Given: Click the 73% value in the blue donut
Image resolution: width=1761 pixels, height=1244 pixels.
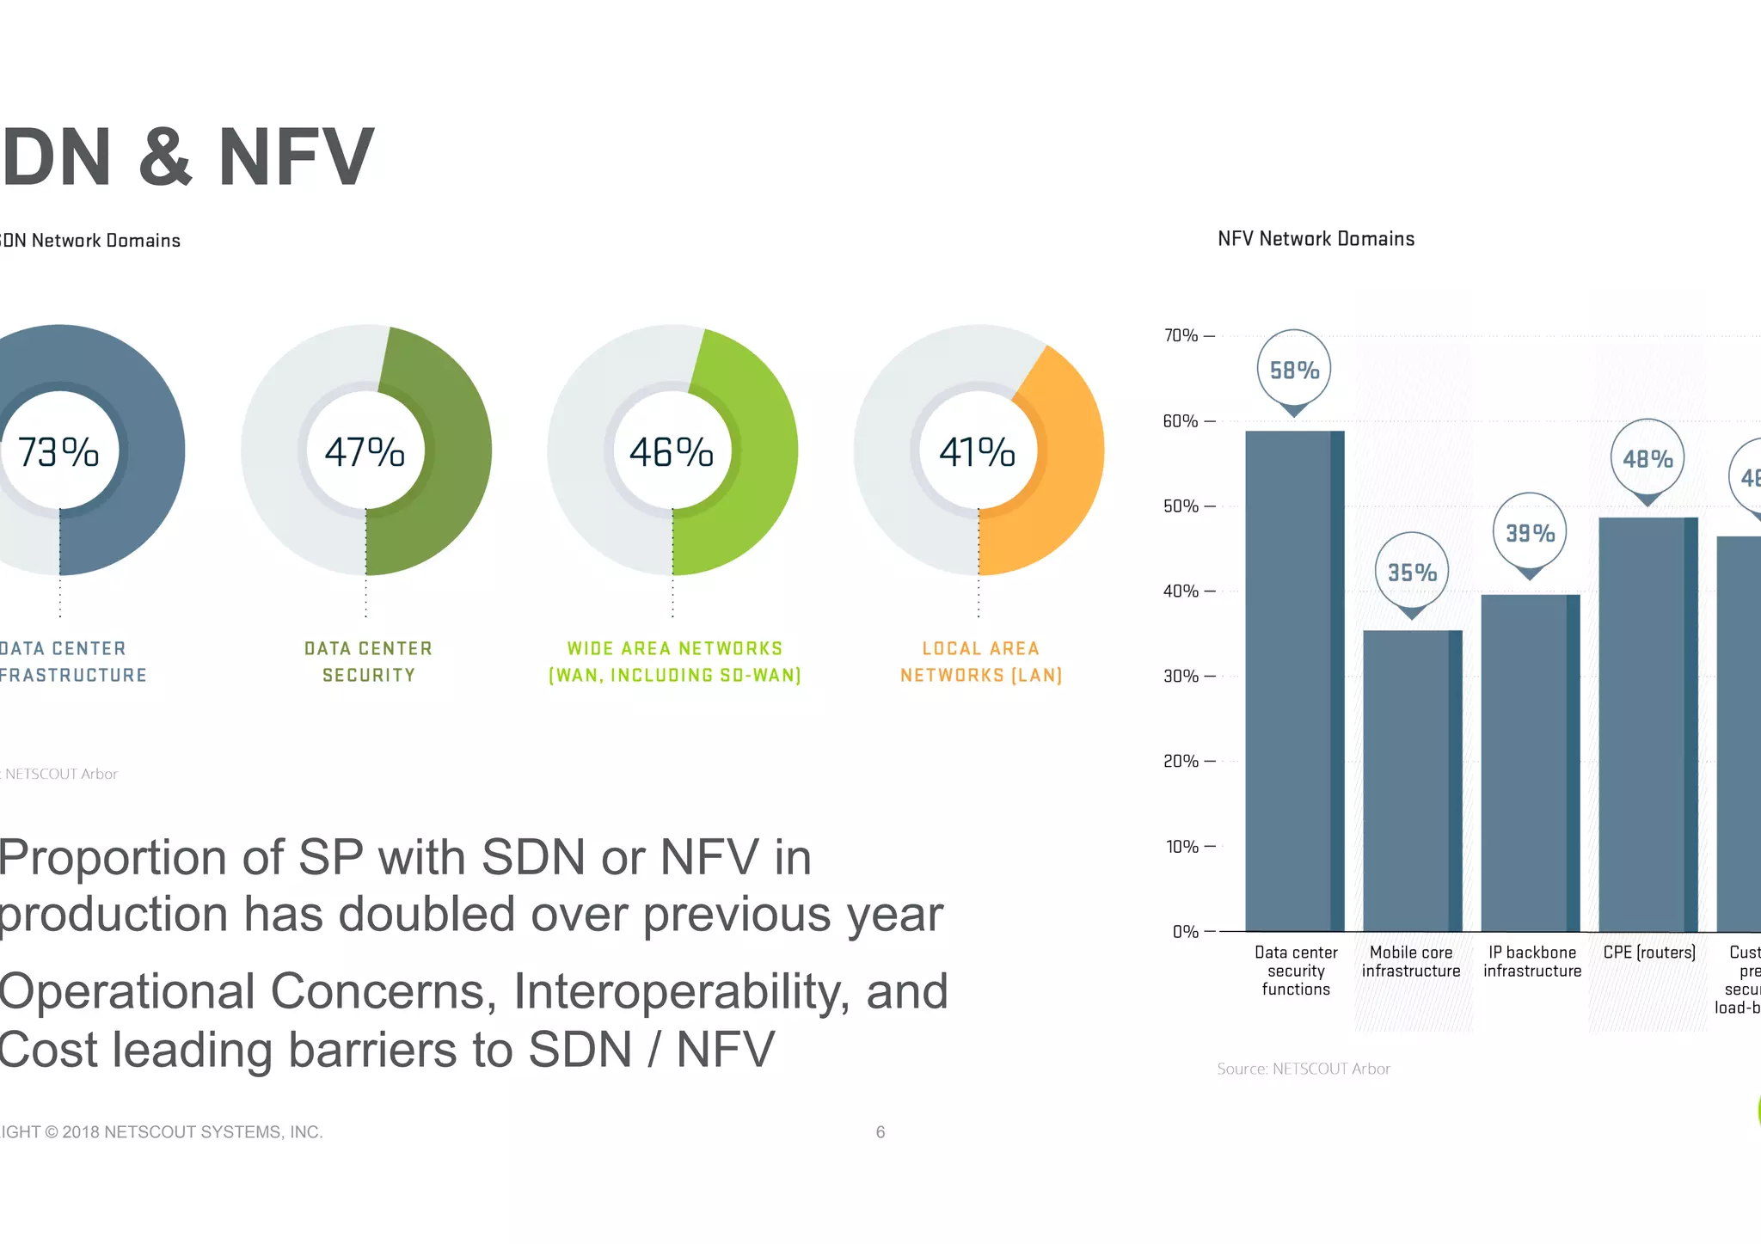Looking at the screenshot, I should (x=58, y=452).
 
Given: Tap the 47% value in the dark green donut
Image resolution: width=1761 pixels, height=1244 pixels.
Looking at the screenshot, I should (x=365, y=452).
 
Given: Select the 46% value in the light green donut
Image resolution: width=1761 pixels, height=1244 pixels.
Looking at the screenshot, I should (x=672, y=452).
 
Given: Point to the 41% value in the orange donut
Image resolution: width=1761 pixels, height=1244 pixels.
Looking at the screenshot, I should (x=978, y=452).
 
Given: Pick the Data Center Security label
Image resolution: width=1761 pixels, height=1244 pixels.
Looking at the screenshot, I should (x=368, y=661).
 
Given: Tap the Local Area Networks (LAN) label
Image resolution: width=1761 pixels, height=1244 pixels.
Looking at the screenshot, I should (x=981, y=661).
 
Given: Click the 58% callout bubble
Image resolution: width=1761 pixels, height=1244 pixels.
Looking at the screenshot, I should (x=1294, y=371).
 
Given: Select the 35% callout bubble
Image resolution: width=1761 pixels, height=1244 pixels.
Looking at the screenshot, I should (x=1412, y=573).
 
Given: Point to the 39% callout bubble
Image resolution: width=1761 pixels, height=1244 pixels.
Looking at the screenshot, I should (x=1530, y=533).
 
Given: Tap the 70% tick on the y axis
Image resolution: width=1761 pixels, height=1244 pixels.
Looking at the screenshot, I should (x=1188, y=335).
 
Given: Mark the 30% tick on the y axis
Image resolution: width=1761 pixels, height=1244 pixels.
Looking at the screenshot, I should (x=1188, y=676).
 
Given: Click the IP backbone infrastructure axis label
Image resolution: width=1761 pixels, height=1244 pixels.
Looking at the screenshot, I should (x=1532, y=961).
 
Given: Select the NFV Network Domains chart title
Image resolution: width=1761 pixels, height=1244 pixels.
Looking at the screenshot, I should (x=1316, y=239).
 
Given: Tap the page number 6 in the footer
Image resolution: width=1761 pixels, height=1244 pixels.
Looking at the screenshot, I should (x=880, y=1131).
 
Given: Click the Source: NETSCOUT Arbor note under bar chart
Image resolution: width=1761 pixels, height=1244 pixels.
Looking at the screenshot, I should (x=1303, y=1069).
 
